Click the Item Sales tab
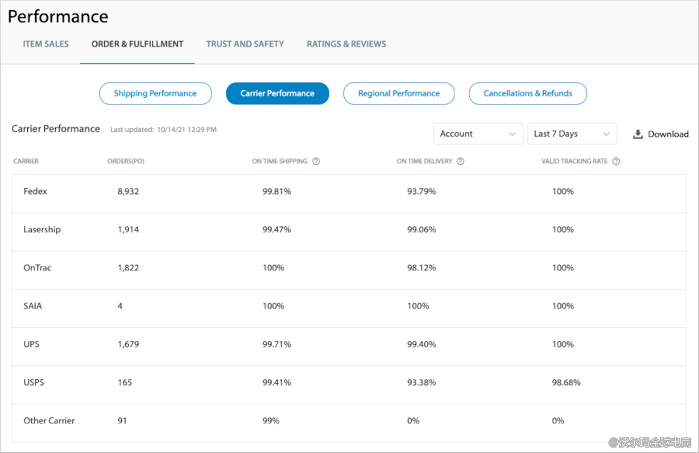click(x=45, y=44)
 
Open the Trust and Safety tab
click(x=245, y=44)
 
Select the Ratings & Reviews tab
click(x=346, y=44)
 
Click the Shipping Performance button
click(x=155, y=93)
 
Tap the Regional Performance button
click(x=399, y=93)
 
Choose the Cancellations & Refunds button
click(x=527, y=93)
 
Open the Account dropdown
click(x=478, y=134)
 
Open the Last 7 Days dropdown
click(x=571, y=134)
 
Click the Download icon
click(x=638, y=134)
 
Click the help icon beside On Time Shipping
click(x=316, y=161)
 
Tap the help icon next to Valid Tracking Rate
click(x=616, y=161)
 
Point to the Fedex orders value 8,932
click(x=128, y=192)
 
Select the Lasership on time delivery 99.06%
click(x=421, y=230)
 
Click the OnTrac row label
click(x=37, y=268)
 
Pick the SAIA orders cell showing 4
click(x=120, y=306)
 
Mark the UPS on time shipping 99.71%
click(x=277, y=345)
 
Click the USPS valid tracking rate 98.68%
click(x=566, y=383)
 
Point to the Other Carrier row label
click(x=49, y=421)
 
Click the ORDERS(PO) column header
click(x=126, y=161)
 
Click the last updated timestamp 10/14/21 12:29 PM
click(x=187, y=130)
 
